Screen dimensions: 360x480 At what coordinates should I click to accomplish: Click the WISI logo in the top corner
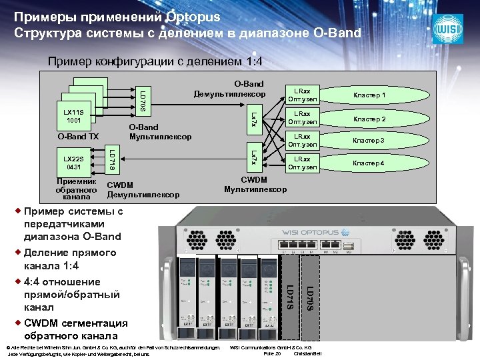click(448, 29)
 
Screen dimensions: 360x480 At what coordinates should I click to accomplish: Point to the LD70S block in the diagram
click(143, 99)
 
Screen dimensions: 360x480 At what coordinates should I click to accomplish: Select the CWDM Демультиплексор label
click(143, 189)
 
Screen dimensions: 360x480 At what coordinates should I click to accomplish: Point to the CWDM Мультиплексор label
click(255, 185)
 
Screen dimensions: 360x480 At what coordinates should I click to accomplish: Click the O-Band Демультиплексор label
click(230, 89)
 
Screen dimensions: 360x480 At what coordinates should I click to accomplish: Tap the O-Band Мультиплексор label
click(160, 132)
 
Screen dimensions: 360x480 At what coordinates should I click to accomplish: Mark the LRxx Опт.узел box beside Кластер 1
click(303, 95)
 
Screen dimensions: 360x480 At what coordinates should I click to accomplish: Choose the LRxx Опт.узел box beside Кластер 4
click(303, 163)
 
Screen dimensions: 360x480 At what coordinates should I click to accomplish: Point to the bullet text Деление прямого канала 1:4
click(61, 259)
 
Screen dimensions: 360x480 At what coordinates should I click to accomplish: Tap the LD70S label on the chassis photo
click(309, 297)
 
